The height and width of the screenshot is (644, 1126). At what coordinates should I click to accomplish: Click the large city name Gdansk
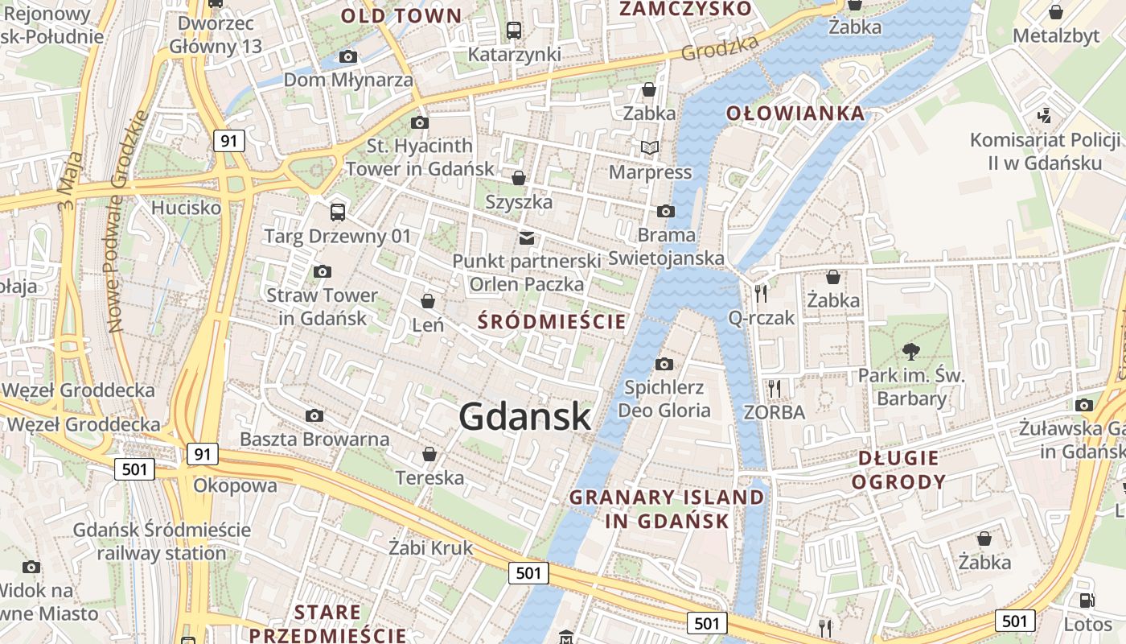pos(525,416)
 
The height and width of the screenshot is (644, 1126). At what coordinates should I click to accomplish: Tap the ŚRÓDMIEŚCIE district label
pos(552,322)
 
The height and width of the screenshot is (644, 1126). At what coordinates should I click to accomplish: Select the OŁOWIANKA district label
pos(795,114)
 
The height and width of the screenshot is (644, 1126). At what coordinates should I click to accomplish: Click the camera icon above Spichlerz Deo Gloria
pos(664,365)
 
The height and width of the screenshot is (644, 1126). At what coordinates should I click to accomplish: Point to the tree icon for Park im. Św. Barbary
pos(911,351)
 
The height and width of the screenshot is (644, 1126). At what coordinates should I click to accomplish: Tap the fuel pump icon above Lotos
pos(1087,600)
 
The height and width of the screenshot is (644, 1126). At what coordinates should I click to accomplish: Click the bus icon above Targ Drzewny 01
pos(338,213)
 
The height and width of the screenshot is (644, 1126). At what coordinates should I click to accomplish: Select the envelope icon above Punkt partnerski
pos(527,237)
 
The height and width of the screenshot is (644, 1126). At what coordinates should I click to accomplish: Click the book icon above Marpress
pos(649,148)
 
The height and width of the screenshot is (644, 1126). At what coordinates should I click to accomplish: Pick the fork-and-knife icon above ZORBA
pos(774,389)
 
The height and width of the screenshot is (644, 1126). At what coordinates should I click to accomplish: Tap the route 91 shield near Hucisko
pos(229,141)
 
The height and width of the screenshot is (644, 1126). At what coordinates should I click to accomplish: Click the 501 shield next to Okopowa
pos(134,469)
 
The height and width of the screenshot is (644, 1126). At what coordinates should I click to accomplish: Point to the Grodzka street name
pos(719,47)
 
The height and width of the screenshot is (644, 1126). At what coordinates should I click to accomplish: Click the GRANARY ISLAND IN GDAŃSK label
pos(667,509)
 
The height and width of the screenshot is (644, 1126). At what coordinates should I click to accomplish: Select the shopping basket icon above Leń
pos(428,301)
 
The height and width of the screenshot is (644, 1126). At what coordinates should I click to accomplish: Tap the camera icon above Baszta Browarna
pos(314,416)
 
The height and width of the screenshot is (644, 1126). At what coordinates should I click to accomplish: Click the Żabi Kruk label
pos(430,548)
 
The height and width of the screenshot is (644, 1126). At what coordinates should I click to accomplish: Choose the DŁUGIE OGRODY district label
pos(898,470)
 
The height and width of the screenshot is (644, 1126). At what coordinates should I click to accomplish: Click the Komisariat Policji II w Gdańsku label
pos(1044,151)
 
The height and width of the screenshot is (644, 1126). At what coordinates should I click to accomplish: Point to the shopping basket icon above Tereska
pos(429,454)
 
